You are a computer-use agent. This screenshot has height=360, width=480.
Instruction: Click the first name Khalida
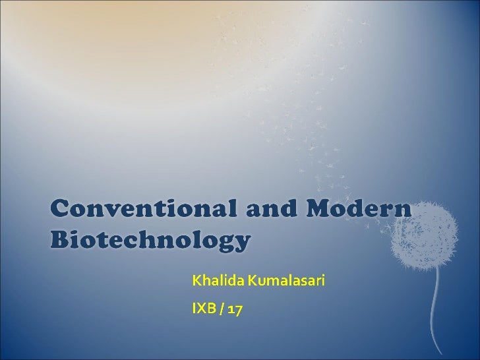[x=214, y=282]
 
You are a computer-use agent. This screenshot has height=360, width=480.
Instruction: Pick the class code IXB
[x=202, y=308]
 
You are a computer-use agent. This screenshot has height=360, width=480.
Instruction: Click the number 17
[x=235, y=308]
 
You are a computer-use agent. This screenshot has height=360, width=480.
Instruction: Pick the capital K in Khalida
[x=196, y=282]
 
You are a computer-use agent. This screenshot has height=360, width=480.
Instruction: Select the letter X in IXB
[x=200, y=308]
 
